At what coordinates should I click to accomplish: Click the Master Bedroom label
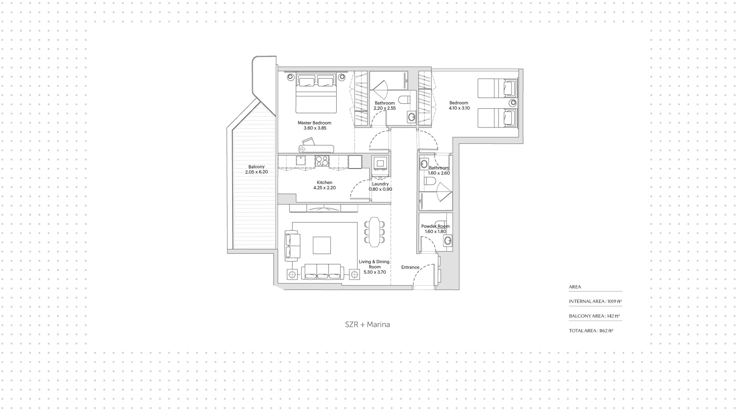click(x=314, y=123)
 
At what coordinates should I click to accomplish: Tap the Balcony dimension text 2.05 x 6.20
click(x=256, y=172)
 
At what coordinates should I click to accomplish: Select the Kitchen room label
click(x=324, y=182)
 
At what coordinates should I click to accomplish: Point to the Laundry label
click(x=380, y=184)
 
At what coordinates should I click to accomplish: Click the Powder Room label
click(x=435, y=226)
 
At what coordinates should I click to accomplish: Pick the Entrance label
click(x=410, y=267)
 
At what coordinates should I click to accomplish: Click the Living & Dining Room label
click(x=374, y=264)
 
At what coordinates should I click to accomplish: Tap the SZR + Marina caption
click(x=367, y=325)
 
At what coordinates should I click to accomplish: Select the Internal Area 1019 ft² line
click(x=595, y=301)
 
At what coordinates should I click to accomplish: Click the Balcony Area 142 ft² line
click(x=595, y=316)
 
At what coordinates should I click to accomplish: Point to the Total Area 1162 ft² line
click(x=591, y=331)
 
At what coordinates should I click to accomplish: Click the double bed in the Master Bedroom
click(x=316, y=93)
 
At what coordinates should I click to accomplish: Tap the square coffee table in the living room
click(x=322, y=245)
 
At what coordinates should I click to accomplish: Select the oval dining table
click(x=374, y=232)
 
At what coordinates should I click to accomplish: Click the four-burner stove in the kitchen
click(x=322, y=161)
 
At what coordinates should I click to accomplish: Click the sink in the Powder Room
click(x=448, y=241)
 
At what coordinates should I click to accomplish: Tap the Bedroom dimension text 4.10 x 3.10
click(x=459, y=108)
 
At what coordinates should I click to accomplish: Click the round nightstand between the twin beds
click(x=512, y=103)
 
